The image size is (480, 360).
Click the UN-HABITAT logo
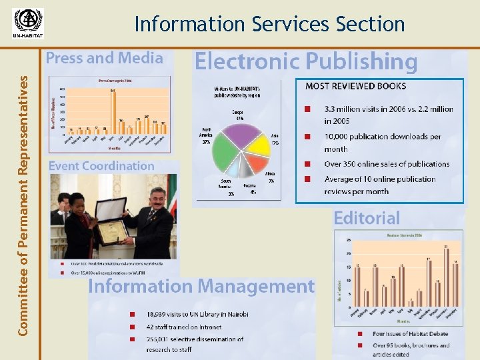click(x=27, y=24)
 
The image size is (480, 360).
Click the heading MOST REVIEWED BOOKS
click(x=355, y=86)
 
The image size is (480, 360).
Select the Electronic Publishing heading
click(x=305, y=62)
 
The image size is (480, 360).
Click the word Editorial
click(x=367, y=218)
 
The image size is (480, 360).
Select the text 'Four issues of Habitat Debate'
click(x=409, y=333)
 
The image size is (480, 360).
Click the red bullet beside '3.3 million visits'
click(x=307, y=109)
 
